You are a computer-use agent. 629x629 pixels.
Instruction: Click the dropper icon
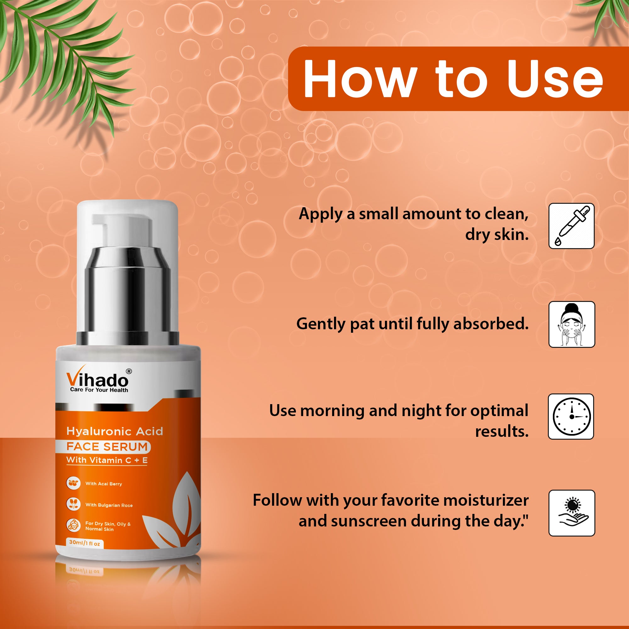pos(571,226)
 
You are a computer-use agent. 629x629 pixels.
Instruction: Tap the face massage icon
pos(572,324)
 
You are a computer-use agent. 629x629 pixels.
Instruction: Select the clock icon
pos(571,416)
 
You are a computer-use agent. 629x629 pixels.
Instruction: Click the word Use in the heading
pos(555,79)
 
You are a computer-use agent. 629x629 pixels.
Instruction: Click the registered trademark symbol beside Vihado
pos(129,371)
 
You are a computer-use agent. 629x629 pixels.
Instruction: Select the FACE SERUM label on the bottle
pos(107,447)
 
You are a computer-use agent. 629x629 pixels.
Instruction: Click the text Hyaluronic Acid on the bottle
pos(114,431)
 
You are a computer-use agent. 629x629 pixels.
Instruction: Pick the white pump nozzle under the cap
pos(122,231)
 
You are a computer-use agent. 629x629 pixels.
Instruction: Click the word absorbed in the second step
pos(491,324)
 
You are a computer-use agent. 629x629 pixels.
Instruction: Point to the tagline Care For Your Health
pos(99,390)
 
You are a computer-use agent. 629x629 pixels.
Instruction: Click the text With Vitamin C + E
pos(107,460)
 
